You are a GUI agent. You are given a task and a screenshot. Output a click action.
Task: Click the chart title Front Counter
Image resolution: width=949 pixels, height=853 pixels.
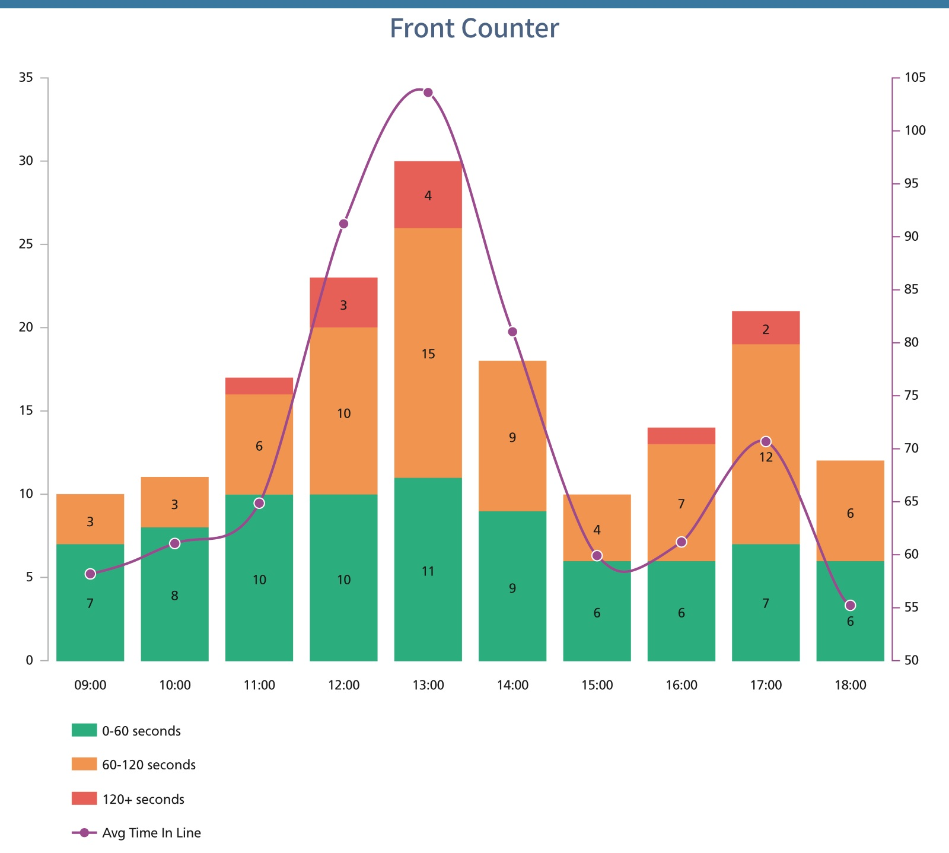tap(474, 28)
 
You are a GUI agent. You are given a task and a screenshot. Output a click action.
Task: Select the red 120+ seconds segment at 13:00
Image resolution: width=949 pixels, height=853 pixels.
tap(428, 195)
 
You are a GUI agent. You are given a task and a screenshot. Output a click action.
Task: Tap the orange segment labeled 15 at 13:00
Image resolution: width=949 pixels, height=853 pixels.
tap(428, 354)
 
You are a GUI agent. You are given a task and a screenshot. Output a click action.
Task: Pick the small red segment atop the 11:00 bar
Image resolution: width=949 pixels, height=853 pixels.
tap(259, 386)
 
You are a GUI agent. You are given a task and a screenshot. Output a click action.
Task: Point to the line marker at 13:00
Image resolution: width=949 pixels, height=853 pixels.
tap(428, 93)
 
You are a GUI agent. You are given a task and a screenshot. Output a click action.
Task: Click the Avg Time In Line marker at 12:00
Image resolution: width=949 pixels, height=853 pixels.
tap(343, 224)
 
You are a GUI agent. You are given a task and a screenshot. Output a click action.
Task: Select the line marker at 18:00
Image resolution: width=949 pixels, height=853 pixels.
tap(850, 605)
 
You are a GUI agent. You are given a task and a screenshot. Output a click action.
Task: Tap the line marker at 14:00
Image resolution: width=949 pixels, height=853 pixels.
tap(512, 332)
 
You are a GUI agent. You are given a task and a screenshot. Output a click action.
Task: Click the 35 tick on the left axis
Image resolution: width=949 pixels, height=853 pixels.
tap(26, 78)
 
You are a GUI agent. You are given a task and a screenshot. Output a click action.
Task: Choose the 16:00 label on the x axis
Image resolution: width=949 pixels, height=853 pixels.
tap(681, 686)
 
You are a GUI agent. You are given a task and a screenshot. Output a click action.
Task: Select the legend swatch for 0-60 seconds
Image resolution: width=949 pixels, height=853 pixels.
tap(84, 730)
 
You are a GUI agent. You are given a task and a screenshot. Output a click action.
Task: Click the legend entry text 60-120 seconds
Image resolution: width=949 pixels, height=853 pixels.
tap(149, 765)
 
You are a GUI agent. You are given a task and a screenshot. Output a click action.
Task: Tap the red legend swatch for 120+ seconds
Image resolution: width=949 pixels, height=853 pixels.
tap(84, 798)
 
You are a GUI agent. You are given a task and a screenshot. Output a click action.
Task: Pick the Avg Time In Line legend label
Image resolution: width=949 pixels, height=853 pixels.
tap(151, 833)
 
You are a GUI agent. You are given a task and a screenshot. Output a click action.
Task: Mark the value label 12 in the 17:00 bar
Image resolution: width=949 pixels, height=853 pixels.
tap(766, 457)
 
